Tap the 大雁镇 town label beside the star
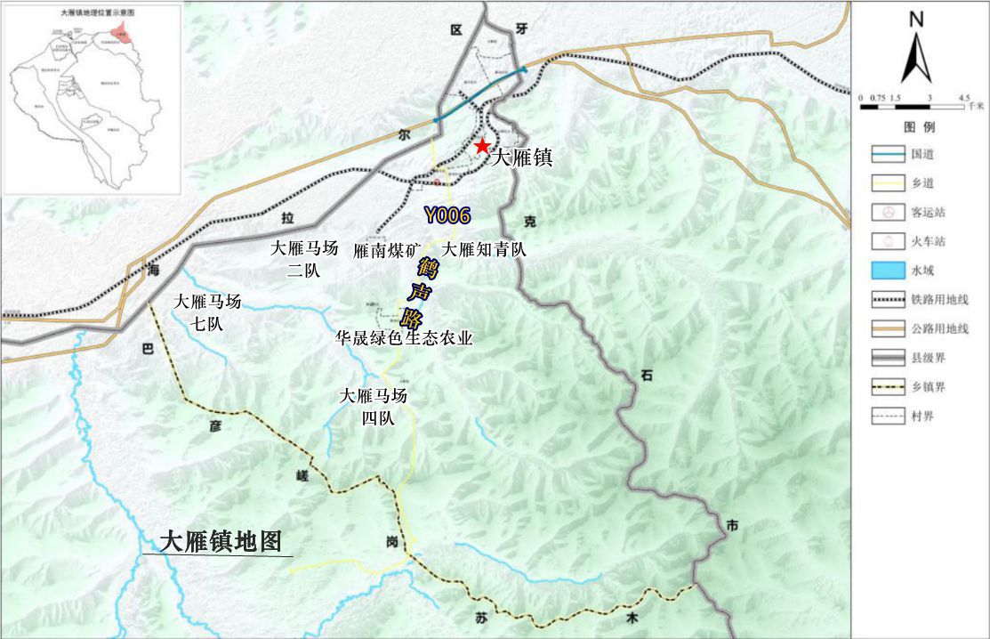[522, 158]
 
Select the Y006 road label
[447, 214]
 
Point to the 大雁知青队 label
[485, 250]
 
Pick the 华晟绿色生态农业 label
[403, 338]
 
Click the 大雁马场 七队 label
[208, 311]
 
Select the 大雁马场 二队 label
[304, 260]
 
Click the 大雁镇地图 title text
[220, 542]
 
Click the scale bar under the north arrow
[912, 106]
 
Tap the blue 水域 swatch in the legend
[886, 271]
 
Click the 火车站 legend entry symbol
[886, 241]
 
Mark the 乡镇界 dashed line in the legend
[886, 386]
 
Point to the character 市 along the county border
[731, 527]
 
